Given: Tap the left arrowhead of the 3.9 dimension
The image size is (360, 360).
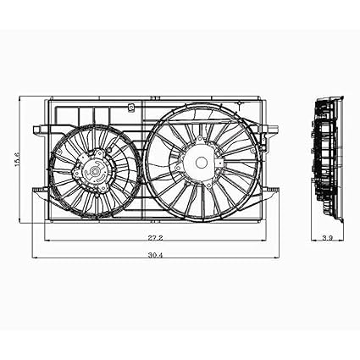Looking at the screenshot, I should click(x=313, y=245).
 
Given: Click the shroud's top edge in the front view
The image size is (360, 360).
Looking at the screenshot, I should click(x=152, y=95).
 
